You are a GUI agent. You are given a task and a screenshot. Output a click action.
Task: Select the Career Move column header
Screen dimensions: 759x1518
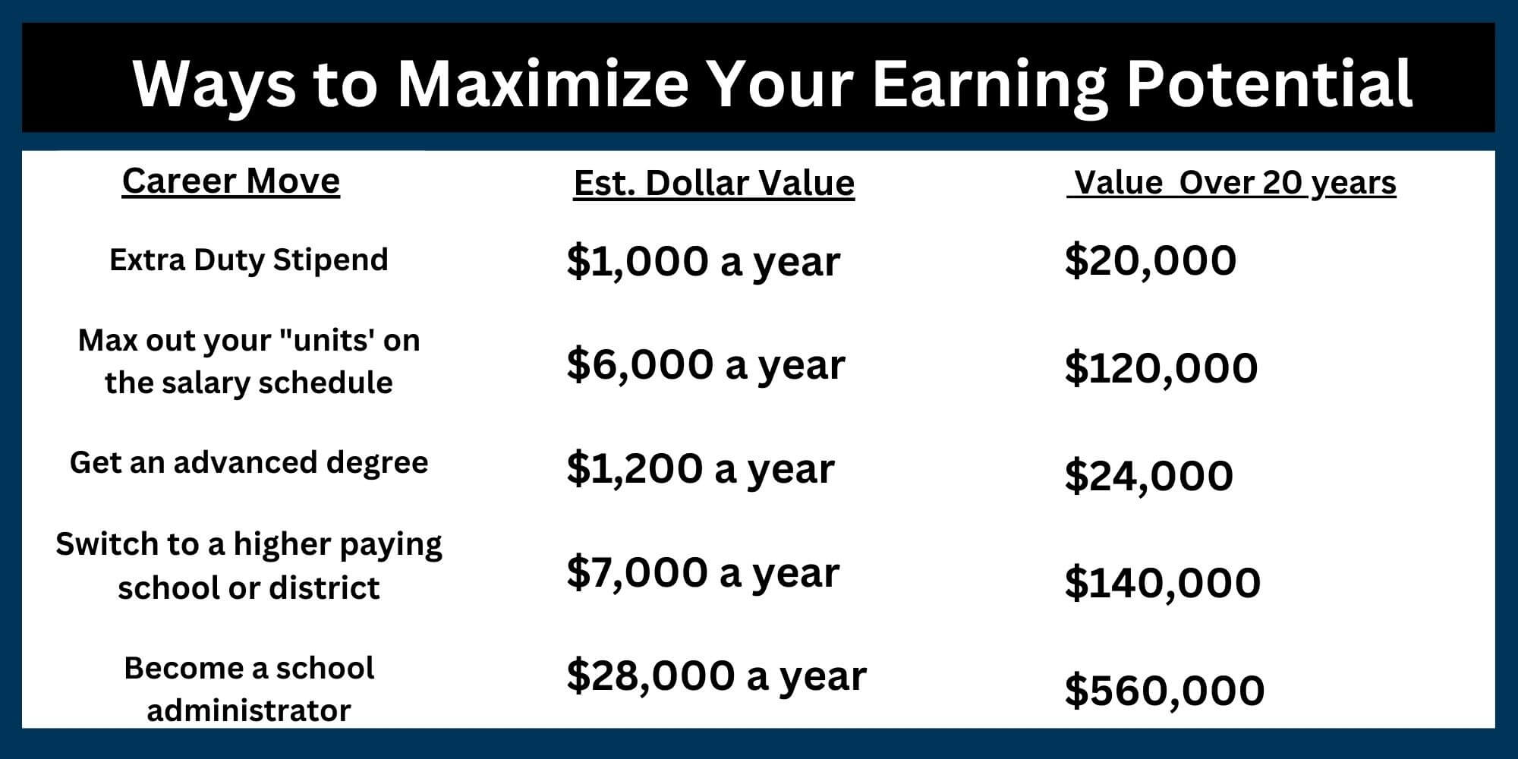tap(231, 181)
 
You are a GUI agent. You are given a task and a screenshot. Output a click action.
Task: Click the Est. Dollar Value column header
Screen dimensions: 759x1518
tap(713, 184)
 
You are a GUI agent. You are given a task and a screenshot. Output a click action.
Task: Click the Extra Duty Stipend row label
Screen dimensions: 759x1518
tap(249, 260)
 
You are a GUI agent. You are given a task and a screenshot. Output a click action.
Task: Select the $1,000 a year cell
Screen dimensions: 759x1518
tap(703, 262)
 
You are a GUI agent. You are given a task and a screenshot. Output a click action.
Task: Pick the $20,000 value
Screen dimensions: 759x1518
tap(1150, 260)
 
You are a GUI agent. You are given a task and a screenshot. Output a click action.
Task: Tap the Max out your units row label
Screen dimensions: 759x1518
tap(249, 361)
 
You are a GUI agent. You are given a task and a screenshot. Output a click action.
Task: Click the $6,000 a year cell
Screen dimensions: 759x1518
tap(705, 365)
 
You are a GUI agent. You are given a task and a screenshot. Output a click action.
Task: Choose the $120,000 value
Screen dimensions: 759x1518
tap(1161, 368)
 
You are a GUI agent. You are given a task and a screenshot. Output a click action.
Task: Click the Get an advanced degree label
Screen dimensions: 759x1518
tap(249, 462)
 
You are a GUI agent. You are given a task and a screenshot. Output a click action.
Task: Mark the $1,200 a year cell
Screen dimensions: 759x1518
tap(700, 468)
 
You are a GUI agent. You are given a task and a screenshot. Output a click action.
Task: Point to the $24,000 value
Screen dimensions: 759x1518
tap(1148, 477)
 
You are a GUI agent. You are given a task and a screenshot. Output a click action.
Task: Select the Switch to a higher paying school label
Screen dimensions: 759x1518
tap(249, 565)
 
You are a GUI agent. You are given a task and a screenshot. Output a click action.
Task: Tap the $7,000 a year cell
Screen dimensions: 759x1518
tap(703, 572)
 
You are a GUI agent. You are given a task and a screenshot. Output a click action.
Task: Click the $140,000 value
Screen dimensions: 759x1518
tap(1162, 583)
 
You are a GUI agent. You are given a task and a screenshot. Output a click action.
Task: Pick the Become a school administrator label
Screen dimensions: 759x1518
tap(249, 689)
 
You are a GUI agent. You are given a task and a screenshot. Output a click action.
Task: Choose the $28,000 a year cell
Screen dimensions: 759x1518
tap(716, 676)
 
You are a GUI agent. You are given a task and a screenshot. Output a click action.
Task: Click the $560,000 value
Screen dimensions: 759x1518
tap(1164, 691)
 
